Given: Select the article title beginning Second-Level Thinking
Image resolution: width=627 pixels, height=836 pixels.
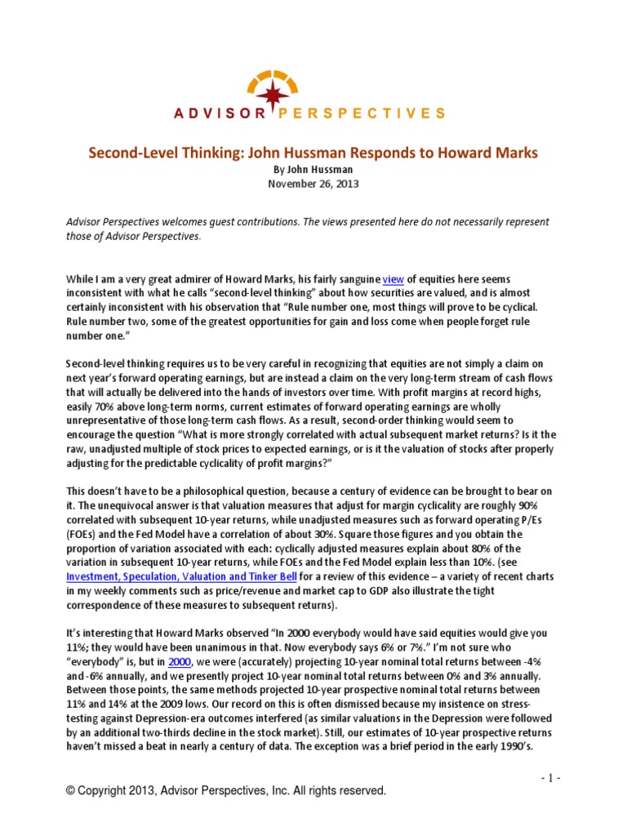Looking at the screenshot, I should (x=313, y=153).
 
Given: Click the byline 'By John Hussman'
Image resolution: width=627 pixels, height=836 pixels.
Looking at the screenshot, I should (x=313, y=169).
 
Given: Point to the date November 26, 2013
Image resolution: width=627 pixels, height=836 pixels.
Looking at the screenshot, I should (x=313, y=184).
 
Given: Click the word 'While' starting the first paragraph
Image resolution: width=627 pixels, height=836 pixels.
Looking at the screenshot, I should (x=82, y=279).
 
